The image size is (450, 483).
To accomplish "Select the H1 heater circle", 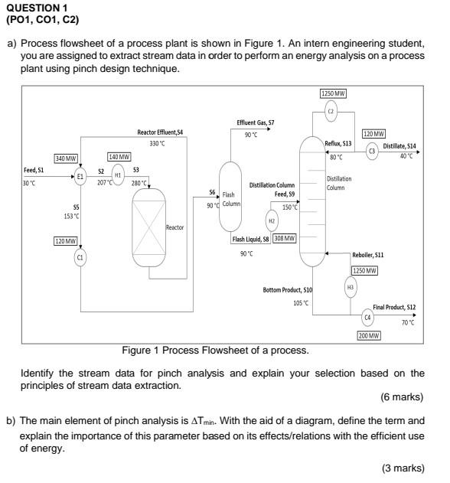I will click(118, 174).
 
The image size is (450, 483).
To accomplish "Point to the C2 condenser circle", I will click(331, 111).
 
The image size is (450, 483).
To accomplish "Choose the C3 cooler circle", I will click(373, 150).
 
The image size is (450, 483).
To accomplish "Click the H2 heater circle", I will click(271, 221).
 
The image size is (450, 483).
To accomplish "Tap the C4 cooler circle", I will click(368, 316).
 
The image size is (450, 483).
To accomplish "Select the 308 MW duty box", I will click(284, 239).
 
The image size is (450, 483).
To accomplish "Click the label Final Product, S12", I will click(394, 306).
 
